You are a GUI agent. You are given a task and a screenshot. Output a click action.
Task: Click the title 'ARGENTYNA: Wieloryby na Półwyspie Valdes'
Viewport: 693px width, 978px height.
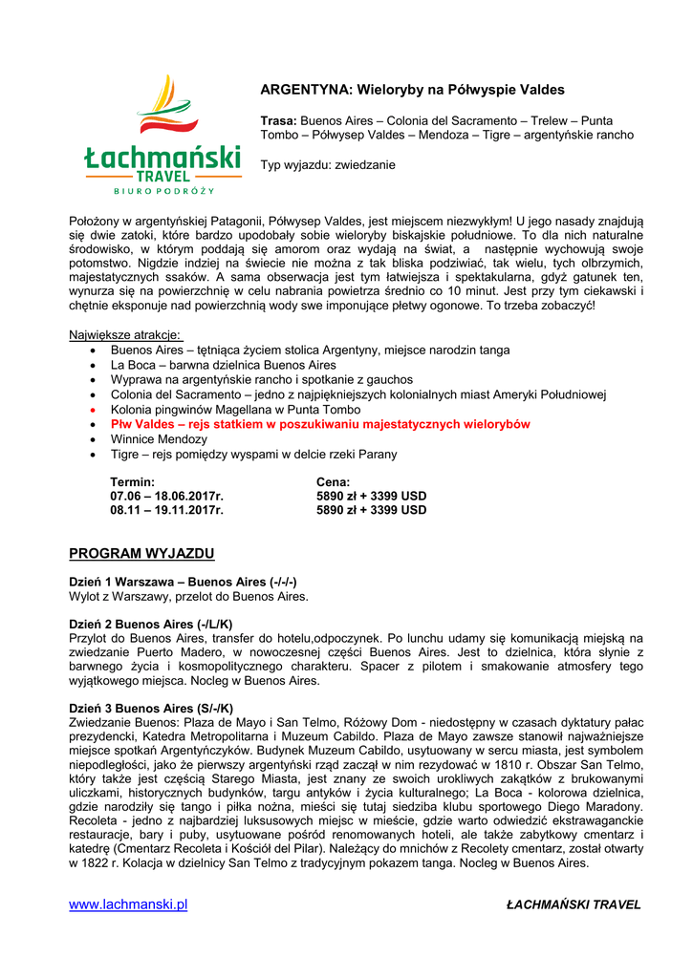point(412,90)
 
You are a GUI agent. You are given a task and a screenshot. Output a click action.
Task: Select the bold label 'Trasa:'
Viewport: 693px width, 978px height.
point(279,121)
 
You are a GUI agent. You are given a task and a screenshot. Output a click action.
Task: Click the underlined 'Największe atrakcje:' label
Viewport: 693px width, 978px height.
point(125,335)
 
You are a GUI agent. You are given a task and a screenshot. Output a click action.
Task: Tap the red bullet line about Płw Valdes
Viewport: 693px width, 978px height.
point(320,424)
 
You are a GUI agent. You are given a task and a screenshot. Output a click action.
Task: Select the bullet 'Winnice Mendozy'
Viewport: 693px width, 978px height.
point(159,439)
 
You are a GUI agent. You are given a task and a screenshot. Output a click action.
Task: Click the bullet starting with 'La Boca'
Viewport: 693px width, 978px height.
point(224,365)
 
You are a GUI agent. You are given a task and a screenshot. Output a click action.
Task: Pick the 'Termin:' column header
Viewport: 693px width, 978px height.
point(133,482)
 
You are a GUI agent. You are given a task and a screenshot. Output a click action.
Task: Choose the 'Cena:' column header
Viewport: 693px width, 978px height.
point(334,482)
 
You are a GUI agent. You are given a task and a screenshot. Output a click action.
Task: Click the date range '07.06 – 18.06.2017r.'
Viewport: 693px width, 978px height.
point(167,497)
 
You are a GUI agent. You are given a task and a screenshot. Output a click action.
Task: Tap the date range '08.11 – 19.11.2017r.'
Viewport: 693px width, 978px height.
point(167,510)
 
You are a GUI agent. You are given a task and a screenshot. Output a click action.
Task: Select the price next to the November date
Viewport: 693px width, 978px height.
point(372,510)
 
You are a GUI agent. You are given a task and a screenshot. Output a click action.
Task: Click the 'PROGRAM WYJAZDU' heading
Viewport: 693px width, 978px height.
point(142,554)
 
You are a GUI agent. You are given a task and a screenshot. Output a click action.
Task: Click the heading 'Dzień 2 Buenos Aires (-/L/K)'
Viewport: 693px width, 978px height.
point(151,625)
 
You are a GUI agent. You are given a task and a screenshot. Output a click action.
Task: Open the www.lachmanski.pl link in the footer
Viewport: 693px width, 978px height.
point(128,904)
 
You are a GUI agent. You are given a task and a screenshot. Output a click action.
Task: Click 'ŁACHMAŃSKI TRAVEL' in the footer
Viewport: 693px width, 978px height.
point(574,905)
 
